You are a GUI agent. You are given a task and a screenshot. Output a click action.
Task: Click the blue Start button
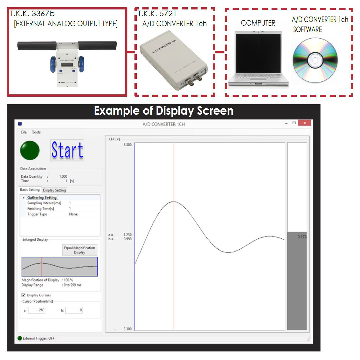67,150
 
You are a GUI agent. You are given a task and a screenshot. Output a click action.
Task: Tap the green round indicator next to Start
30,150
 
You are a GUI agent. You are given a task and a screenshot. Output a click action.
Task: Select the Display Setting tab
55,190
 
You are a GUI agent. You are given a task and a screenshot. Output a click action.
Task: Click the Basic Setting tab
30,190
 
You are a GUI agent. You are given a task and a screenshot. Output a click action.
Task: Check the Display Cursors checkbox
23,295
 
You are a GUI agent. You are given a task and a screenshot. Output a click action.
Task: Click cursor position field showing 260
37,310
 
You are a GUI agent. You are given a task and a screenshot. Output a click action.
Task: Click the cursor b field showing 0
74,310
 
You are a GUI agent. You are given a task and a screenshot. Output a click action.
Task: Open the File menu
24,132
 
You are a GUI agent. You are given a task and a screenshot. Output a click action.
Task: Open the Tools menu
36,132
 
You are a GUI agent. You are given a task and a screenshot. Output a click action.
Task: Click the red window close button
304,123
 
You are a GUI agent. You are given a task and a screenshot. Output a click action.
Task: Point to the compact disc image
315,60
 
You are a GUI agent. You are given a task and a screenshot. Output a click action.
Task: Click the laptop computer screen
258,53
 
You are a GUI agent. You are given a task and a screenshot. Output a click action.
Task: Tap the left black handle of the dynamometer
37,45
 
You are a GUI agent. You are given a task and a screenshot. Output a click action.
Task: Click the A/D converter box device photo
174,60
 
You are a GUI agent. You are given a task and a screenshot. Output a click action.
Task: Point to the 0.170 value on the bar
302,237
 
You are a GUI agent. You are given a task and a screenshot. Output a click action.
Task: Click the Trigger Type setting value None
73,214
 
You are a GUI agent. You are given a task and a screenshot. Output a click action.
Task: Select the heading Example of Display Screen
163,111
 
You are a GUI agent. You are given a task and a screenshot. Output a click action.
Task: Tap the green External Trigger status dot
20,338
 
